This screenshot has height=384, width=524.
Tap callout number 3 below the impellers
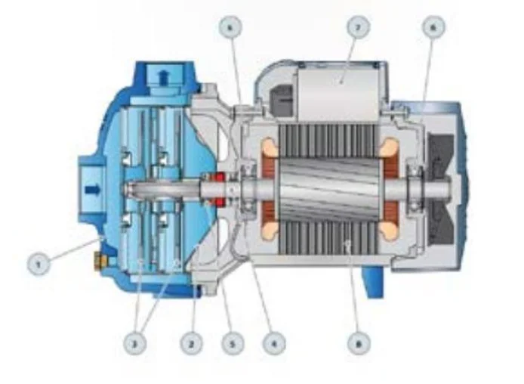(x=136, y=344)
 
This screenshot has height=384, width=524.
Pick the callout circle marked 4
(x=273, y=344)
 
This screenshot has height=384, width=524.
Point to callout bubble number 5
(x=233, y=344)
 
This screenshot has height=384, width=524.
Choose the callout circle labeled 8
(x=359, y=344)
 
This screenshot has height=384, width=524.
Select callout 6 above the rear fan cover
(x=433, y=28)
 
